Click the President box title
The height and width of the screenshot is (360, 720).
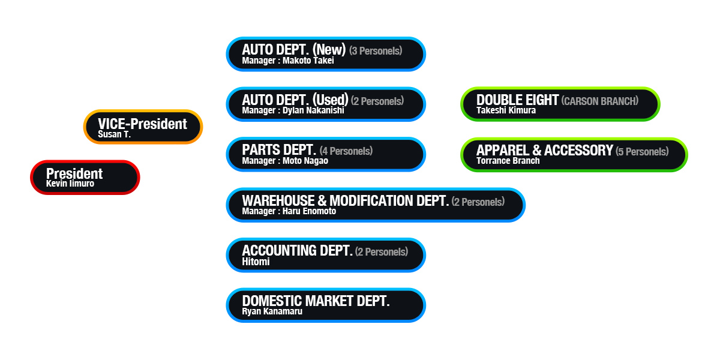coord(74,173)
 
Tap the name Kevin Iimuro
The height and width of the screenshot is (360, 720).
coord(70,184)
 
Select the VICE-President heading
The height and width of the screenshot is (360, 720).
coord(142,124)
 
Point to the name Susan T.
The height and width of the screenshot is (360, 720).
coord(114,134)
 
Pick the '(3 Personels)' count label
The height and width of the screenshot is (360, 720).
coord(376,51)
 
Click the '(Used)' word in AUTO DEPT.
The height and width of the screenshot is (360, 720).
coord(331,100)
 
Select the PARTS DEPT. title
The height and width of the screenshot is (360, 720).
coord(279,150)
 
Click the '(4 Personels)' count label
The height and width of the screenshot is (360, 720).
coord(346,151)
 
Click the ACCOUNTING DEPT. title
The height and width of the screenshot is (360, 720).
coord(297,250)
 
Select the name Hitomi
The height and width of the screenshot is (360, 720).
coord(256,262)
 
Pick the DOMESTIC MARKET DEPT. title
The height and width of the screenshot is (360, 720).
coord(316,301)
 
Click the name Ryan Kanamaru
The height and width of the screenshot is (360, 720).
coord(272,311)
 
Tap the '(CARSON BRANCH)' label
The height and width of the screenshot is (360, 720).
coord(599,101)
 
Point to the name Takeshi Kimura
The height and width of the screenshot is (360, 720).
coord(506,110)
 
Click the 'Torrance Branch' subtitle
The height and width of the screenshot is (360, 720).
coord(508,161)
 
